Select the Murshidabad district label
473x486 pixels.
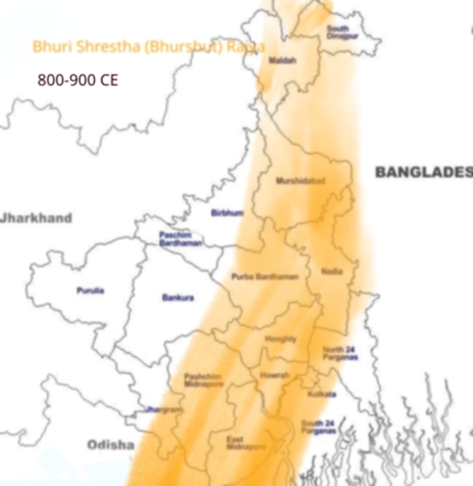[300, 180]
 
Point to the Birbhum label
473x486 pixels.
[226, 213]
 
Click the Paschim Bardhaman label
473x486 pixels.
[180, 239]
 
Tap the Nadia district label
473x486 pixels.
[331, 271]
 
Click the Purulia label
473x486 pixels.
[91, 290]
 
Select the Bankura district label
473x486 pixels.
[177, 298]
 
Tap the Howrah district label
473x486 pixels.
[274, 375]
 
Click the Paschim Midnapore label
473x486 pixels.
[202, 380]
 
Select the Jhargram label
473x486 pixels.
[161, 410]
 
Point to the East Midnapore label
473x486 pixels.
[235, 443]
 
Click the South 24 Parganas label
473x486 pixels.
[318, 427]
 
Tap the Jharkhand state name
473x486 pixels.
[36, 218]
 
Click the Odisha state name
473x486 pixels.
[111, 444]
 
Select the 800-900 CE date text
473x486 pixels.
[77, 80]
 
